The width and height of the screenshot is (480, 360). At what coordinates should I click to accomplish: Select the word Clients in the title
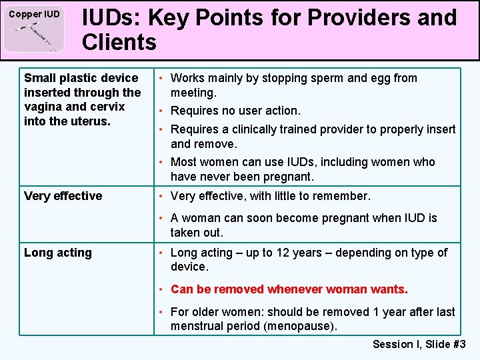(119, 43)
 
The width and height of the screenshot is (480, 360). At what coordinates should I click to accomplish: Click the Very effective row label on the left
(63, 196)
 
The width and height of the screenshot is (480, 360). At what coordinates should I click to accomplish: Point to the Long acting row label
(58, 253)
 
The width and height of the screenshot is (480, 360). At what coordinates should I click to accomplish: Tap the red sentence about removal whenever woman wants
(289, 289)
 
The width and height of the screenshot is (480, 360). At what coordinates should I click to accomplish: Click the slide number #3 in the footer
(459, 344)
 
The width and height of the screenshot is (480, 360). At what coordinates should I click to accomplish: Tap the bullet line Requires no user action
(235, 111)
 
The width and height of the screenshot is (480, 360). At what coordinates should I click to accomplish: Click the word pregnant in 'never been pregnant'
(289, 177)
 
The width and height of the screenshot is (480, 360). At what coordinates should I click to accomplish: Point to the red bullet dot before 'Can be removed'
(163, 289)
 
